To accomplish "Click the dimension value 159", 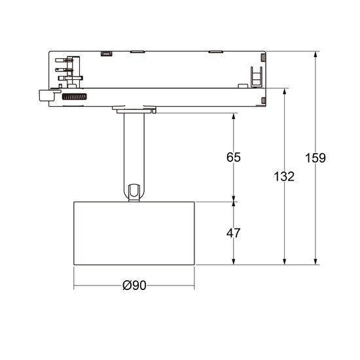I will click(x=315, y=158).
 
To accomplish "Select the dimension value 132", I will click(x=284, y=176).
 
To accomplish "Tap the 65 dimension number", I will click(x=234, y=157).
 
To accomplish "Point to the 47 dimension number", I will click(x=234, y=232).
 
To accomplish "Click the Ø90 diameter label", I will click(x=134, y=286).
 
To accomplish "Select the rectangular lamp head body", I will click(x=134, y=234).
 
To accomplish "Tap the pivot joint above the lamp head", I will click(x=134, y=192).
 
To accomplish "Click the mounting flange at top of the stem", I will click(x=134, y=109).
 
